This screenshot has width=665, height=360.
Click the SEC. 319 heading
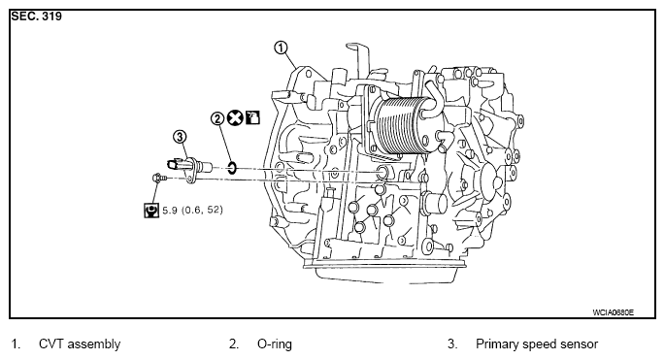click(37, 16)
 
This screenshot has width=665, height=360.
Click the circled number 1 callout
click(281, 48)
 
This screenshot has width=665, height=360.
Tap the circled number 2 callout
click(217, 118)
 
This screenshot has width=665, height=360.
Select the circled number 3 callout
click(180, 137)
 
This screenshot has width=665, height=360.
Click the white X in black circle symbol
click(235, 117)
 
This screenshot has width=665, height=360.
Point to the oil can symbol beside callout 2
click(252, 117)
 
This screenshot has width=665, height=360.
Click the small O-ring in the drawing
click(232, 168)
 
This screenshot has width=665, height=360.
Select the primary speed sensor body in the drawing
click(189, 168)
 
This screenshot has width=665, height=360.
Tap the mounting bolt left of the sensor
click(158, 179)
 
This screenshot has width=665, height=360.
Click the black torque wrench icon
click(151, 210)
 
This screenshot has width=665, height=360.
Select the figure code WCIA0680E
click(613, 312)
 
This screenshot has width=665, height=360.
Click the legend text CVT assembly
click(80, 344)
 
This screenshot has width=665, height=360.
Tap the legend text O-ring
click(275, 344)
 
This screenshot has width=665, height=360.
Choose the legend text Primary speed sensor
click(537, 344)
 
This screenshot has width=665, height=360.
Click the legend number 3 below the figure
click(452, 344)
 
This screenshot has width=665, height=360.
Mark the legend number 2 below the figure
click(234, 344)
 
